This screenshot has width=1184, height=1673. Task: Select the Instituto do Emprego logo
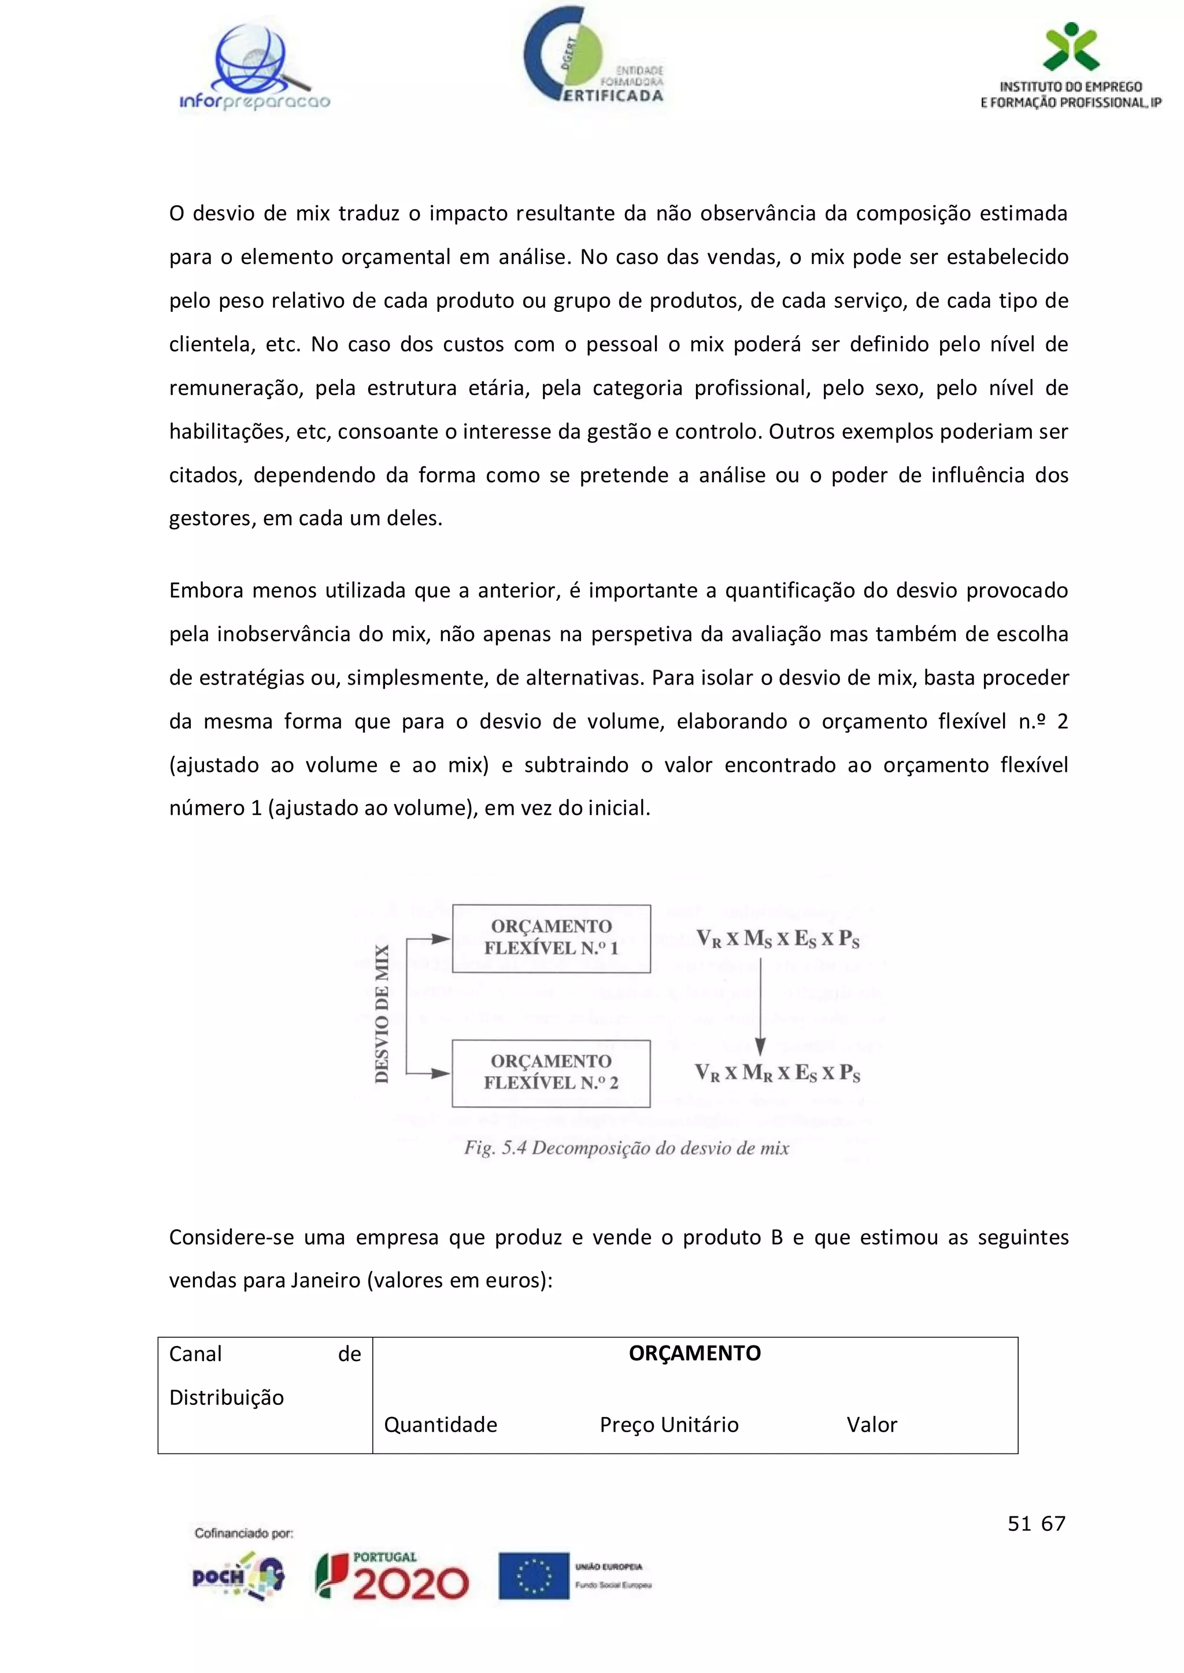click(1070, 67)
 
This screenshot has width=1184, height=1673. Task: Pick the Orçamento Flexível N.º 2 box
click(551, 1073)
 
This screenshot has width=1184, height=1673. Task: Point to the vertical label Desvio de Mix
click(382, 1014)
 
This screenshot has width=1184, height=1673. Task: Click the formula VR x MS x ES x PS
click(777, 939)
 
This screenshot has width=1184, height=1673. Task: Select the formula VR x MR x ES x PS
click(777, 1073)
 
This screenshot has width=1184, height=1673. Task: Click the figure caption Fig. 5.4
click(626, 1148)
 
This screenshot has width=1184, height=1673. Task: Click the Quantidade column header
click(441, 1425)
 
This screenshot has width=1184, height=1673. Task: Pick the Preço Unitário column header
click(668, 1425)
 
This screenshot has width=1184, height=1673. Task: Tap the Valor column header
click(871, 1425)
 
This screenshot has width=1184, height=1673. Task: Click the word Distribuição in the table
click(226, 1397)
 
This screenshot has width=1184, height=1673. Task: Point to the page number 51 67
click(1036, 1523)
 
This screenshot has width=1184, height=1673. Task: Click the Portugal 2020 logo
click(392, 1576)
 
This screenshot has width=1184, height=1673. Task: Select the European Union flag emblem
click(534, 1576)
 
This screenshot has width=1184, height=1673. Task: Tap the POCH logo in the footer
click(238, 1576)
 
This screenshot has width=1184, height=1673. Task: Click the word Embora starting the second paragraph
click(206, 590)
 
